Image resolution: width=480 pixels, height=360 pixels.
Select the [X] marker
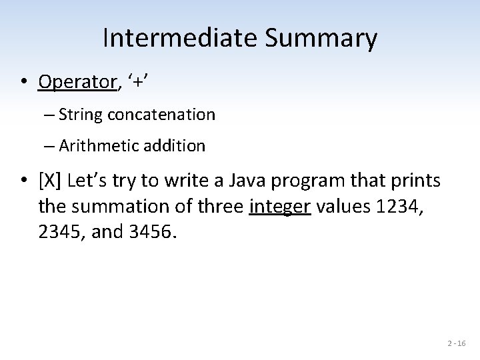51,180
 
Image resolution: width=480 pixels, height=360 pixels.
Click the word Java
245,180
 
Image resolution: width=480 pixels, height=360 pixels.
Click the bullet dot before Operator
24,83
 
